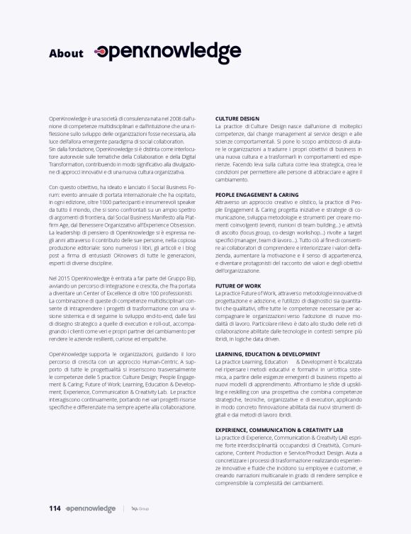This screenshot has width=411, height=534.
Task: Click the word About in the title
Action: click(x=66, y=53)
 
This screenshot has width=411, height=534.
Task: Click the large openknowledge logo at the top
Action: click(x=168, y=52)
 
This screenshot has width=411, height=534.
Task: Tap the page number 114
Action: click(x=55, y=508)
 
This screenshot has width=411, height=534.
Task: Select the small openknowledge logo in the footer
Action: click(x=90, y=509)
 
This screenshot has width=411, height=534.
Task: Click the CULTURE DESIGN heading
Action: click(x=237, y=118)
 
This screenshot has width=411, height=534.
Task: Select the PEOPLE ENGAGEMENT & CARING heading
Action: click(x=257, y=194)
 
